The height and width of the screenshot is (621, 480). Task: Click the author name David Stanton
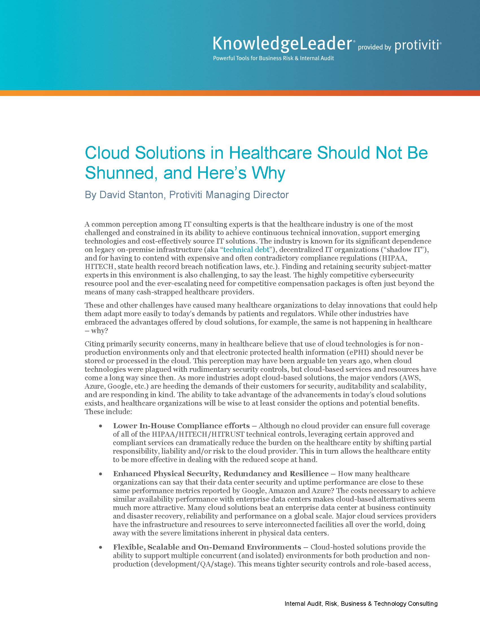click(x=132, y=195)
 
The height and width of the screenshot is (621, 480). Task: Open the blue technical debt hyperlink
click(x=246, y=250)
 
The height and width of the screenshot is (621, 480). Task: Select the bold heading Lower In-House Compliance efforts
click(x=182, y=426)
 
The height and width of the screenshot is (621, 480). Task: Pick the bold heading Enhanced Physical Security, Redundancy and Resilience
click(x=221, y=474)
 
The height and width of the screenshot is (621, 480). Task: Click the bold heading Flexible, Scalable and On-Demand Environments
click(x=207, y=547)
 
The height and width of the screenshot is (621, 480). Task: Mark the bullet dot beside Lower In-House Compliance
click(x=101, y=426)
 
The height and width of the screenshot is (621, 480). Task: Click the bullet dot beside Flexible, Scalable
click(x=101, y=548)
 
